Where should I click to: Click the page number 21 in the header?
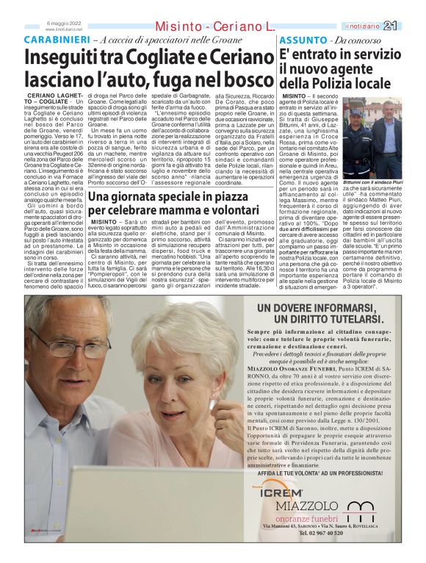(x=411, y=26)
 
